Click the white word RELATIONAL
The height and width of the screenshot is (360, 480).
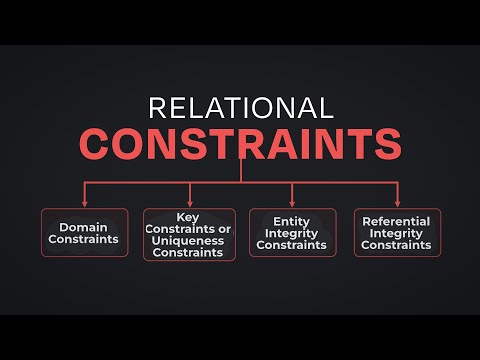click(x=240, y=108)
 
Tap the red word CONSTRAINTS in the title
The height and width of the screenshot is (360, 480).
click(x=240, y=143)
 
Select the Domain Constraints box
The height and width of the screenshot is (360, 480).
click(x=84, y=232)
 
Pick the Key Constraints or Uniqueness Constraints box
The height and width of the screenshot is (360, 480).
click(x=189, y=234)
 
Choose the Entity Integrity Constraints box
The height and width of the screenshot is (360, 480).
click(x=292, y=232)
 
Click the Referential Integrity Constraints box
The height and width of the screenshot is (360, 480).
click(x=397, y=232)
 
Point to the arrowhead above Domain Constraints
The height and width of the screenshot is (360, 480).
click(x=84, y=201)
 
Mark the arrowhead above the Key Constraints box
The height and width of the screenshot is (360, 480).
click(x=189, y=201)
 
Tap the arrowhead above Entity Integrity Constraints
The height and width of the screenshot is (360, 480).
click(x=292, y=201)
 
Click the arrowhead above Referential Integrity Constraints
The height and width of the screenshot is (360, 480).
click(x=397, y=201)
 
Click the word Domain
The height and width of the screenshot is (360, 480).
click(x=84, y=226)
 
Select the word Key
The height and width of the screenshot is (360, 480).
click(x=189, y=215)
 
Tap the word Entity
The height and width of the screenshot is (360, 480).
click(x=292, y=220)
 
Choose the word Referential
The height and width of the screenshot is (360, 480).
click(x=397, y=220)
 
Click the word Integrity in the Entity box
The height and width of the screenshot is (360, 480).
click(x=292, y=232)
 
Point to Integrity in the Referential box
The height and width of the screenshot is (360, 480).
click(x=397, y=232)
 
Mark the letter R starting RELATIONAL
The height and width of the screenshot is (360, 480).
click(x=156, y=108)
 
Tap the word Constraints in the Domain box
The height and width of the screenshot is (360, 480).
click(x=84, y=240)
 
